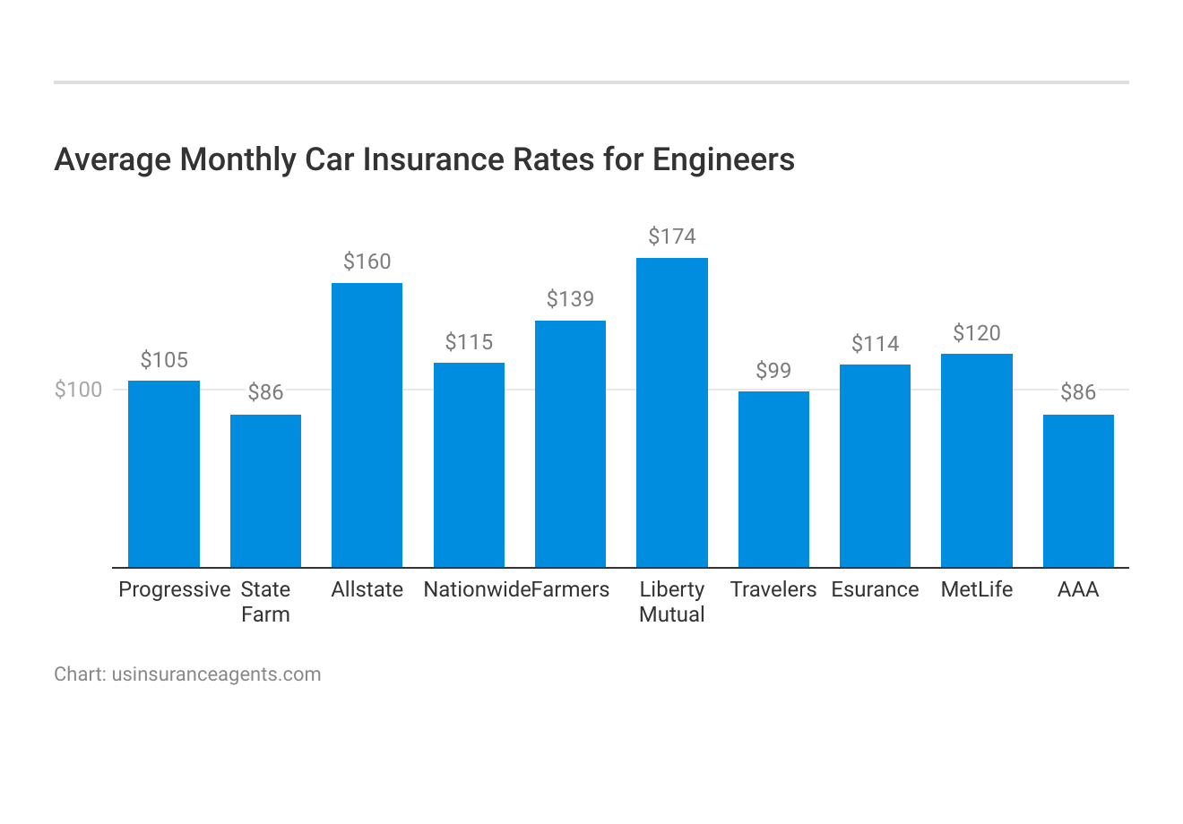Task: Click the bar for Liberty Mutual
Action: point(672,412)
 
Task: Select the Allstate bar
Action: point(367,425)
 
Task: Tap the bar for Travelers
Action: point(773,479)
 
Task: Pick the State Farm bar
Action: point(265,491)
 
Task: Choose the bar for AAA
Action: point(1078,491)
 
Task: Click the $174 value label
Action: point(672,236)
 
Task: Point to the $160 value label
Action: point(367,262)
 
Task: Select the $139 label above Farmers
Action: point(570,299)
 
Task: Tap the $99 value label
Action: point(773,371)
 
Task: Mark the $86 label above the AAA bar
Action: point(1078,392)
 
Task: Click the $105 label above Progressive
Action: point(164,360)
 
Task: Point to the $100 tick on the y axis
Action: point(78,390)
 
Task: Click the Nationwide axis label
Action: point(476,589)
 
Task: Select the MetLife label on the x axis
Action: point(977,589)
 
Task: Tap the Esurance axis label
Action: point(875,589)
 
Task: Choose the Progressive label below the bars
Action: point(175,589)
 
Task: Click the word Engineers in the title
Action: point(723,159)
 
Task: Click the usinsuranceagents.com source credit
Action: point(216,674)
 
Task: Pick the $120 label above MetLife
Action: point(977,333)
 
